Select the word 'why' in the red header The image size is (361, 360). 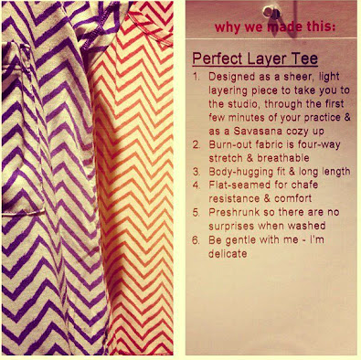tap(226, 27)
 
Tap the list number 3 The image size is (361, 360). tap(196, 172)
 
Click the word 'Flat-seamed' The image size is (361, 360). tap(233, 185)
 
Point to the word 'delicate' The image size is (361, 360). tap(228, 253)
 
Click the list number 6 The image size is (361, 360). tap(196, 240)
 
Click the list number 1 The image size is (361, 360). tap(196, 77)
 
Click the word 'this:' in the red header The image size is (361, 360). tap(321, 26)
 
